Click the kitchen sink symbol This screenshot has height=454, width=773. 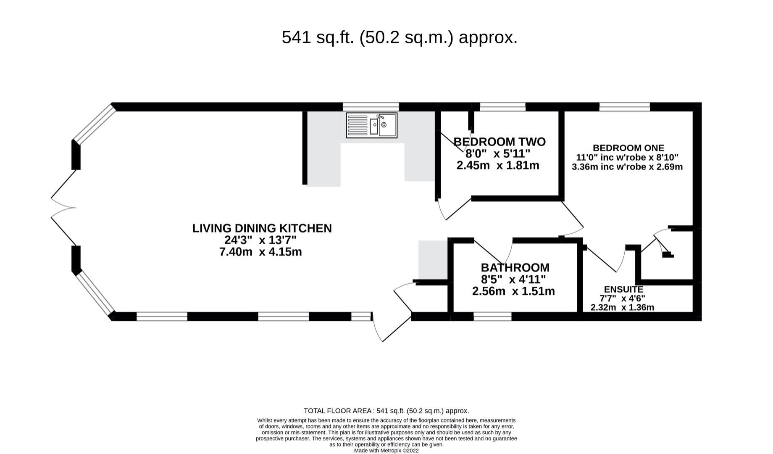(x=371, y=125)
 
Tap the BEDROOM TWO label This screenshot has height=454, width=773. (x=499, y=142)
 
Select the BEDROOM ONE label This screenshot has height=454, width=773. (x=628, y=148)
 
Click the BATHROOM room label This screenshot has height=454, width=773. (x=515, y=268)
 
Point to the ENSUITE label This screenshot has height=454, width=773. (x=623, y=289)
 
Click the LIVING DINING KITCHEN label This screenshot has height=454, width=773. (x=262, y=228)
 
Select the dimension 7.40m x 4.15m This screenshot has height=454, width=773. (x=260, y=252)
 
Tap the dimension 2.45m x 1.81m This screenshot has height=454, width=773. (x=498, y=166)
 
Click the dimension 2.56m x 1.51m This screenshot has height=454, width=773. (x=513, y=291)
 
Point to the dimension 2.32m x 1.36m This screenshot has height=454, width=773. (x=622, y=307)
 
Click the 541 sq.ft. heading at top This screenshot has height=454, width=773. (x=399, y=37)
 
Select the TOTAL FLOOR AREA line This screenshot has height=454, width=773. (x=386, y=411)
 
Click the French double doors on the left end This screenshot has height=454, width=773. (x=63, y=208)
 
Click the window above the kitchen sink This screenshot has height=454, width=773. (x=371, y=107)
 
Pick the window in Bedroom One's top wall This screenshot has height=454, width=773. (x=624, y=107)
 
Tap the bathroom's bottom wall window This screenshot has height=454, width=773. (x=492, y=317)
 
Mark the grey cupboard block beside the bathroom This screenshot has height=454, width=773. (x=433, y=260)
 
